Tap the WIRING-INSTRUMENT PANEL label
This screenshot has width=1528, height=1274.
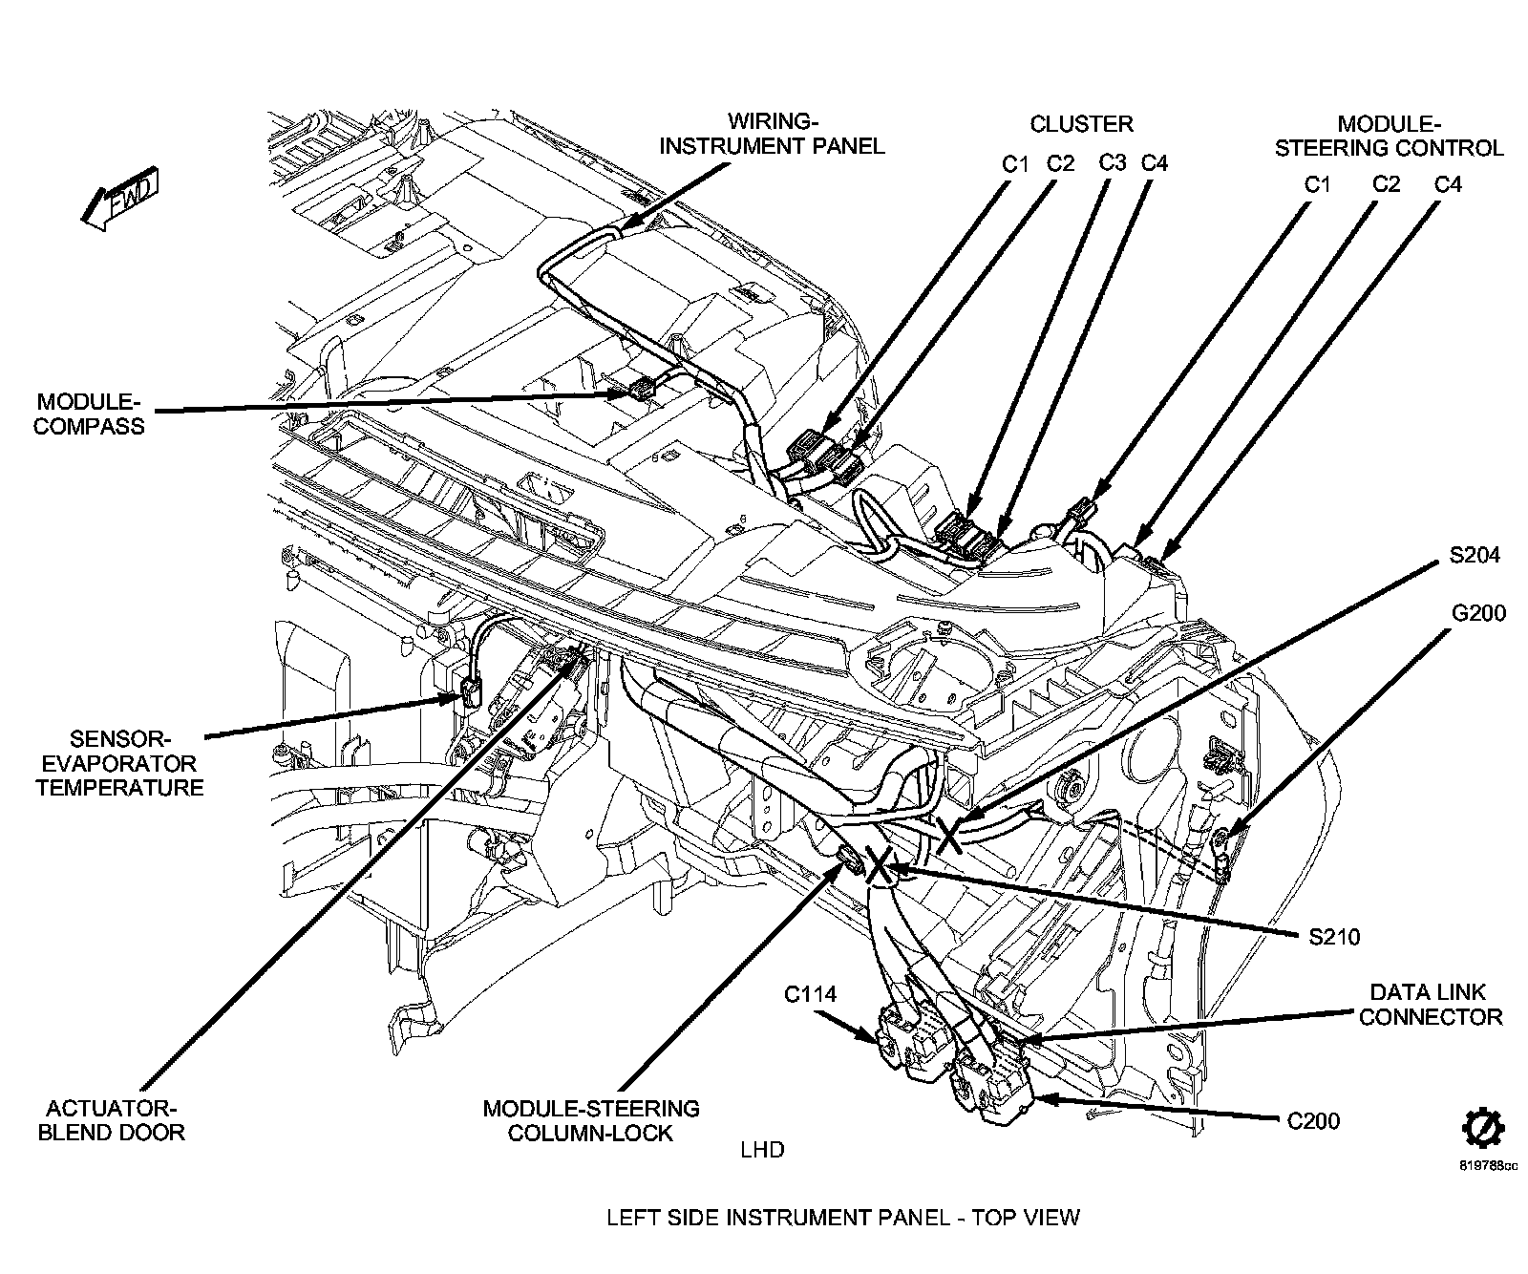[773, 134]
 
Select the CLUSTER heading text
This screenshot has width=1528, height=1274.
[1081, 123]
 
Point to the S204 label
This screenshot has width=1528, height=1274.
[1474, 555]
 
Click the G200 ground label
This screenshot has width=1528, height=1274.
[1478, 613]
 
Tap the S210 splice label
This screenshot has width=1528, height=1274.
[1334, 937]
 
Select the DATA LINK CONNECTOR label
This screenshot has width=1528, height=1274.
[1430, 1005]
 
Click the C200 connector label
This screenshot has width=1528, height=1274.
[1313, 1121]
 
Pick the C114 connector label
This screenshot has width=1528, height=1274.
[810, 995]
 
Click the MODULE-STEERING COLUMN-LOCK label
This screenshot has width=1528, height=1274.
[590, 1121]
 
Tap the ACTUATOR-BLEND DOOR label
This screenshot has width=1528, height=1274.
[111, 1121]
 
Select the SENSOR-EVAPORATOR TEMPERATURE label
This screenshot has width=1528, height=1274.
[119, 763]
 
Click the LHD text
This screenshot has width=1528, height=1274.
[762, 1150]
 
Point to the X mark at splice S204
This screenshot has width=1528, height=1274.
[949, 834]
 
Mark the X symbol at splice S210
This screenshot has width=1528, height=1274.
[879, 866]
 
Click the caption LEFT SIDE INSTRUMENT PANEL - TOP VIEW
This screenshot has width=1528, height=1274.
[842, 1218]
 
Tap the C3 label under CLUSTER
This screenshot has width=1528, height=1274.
[1113, 162]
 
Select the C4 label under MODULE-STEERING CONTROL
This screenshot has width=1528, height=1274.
[1448, 184]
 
